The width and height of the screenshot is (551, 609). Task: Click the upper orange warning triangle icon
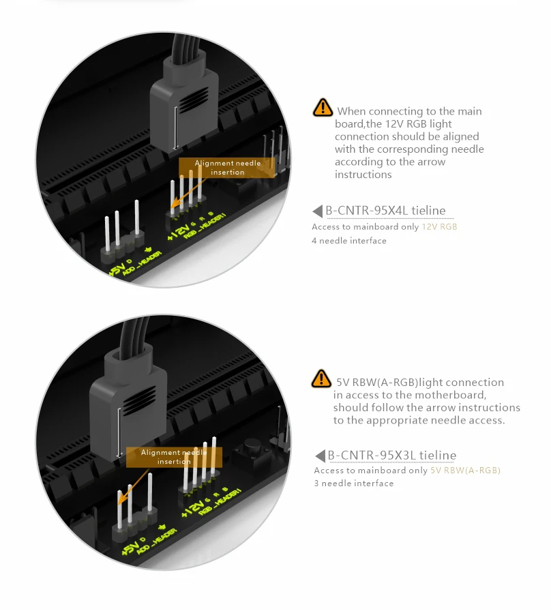click(323, 108)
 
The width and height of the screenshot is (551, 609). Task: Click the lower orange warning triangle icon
click(321, 378)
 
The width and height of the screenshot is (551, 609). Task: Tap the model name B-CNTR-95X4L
click(367, 211)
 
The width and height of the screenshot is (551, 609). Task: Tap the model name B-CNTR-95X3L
click(369, 455)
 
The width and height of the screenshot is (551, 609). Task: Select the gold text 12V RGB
click(439, 227)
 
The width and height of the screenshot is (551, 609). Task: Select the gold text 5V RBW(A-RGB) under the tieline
click(465, 471)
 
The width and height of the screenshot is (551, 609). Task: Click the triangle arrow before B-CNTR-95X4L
click(318, 211)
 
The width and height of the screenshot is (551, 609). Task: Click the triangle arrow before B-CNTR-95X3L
click(320, 456)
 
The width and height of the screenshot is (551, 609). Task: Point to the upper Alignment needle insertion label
click(227, 168)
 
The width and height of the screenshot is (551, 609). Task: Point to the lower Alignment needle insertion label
click(174, 457)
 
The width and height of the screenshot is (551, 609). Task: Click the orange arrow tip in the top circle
click(172, 207)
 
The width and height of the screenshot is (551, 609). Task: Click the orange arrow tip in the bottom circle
click(119, 503)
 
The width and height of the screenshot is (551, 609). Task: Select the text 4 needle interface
click(349, 241)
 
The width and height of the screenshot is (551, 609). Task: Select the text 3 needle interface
click(354, 483)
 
